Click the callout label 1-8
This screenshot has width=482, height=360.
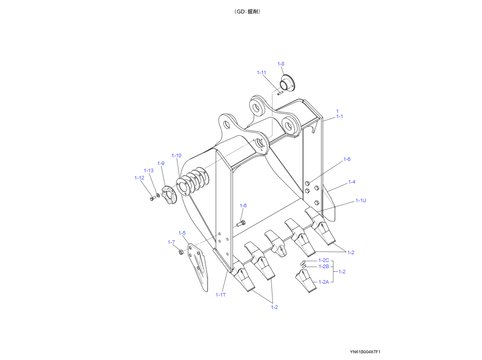(x=281, y=64)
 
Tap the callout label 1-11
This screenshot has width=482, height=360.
(x=261, y=73)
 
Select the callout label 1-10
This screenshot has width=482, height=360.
(x=176, y=156)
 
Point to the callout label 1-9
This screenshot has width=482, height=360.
(x=161, y=163)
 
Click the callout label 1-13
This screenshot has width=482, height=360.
(x=149, y=171)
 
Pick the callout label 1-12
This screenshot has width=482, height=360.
(x=139, y=178)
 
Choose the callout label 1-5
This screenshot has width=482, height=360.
(x=182, y=233)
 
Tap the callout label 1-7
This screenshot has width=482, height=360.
(x=171, y=242)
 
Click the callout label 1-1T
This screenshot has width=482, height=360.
(x=221, y=295)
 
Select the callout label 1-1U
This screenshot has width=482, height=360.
(x=361, y=201)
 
